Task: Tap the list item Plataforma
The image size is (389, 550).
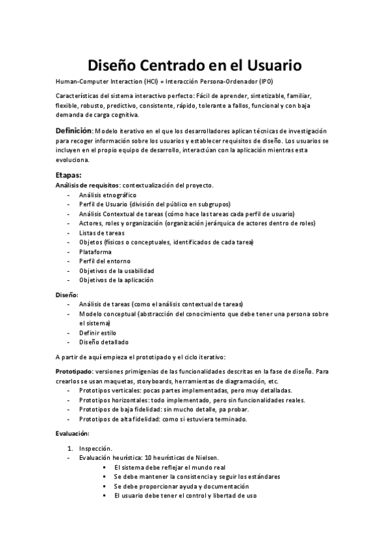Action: [x=95, y=252]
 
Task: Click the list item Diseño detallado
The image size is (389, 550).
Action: [x=104, y=342]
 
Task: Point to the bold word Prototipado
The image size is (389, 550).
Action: [x=73, y=372]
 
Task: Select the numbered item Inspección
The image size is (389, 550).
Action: [x=95, y=448]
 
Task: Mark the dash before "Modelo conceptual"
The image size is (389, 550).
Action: [x=68, y=314]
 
